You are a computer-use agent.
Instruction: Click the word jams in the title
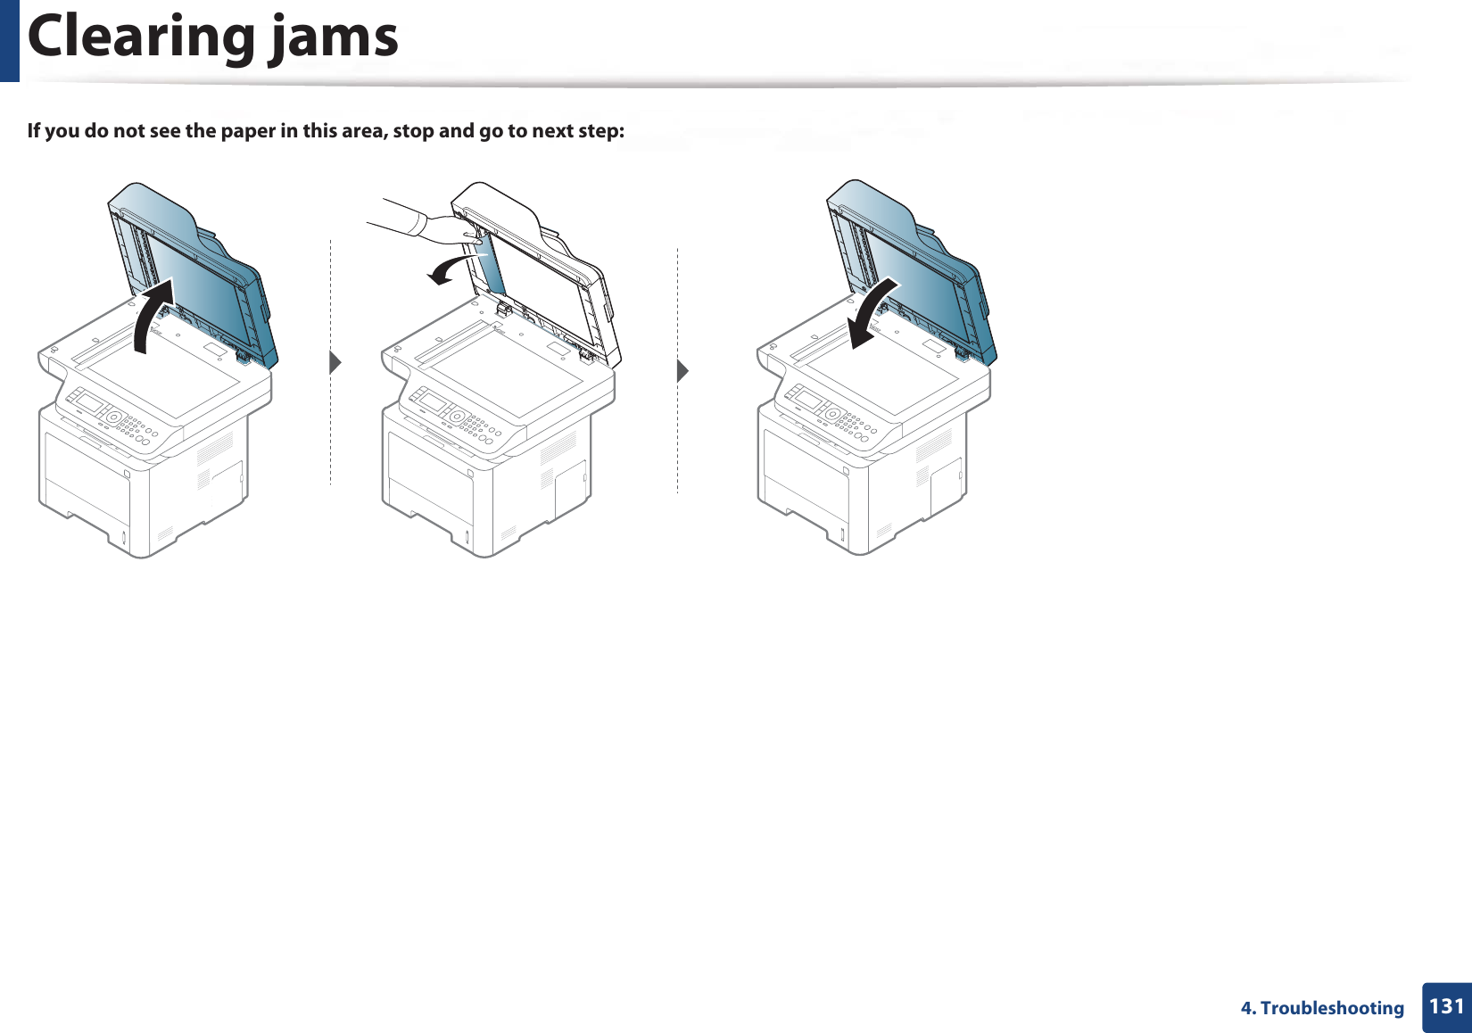pyautogui.click(x=335, y=38)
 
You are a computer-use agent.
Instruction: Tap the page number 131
pyautogui.click(x=1446, y=1006)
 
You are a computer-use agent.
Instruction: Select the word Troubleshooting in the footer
pyautogui.click(x=1332, y=1008)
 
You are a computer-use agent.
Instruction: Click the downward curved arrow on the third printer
pyautogui.click(x=873, y=313)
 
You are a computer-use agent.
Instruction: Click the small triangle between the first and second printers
pyautogui.click(x=335, y=363)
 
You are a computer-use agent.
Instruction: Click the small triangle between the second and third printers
pyautogui.click(x=682, y=369)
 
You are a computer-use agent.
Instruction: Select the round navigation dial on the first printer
pyautogui.click(x=113, y=417)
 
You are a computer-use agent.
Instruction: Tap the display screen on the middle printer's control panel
pyautogui.click(x=434, y=403)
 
